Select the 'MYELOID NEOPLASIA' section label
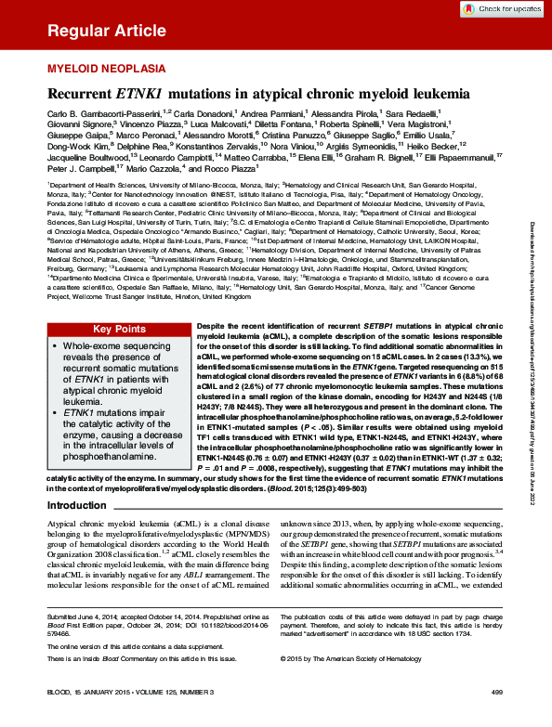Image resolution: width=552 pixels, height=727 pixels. coord(99,69)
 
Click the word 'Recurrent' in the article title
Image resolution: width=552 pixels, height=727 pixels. coord(80,94)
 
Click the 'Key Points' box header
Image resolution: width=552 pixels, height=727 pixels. coord(119,329)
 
